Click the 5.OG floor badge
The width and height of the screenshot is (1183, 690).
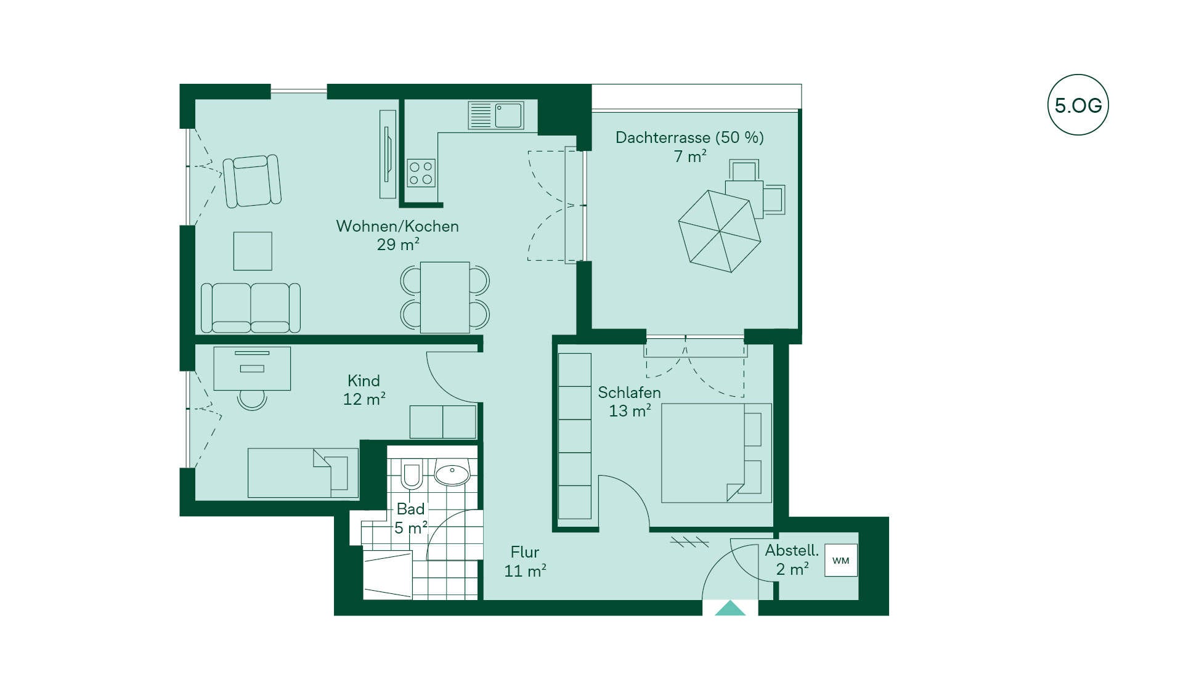(x=1078, y=105)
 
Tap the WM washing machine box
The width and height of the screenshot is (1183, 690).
(x=841, y=560)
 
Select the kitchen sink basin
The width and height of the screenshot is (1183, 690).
(x=508, y=115)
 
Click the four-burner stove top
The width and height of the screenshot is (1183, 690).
(x=421, y=173)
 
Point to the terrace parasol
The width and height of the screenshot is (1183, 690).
(x=720, y=231)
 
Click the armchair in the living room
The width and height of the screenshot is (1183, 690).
(x=252, y=181)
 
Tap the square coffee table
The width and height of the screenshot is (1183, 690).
(x=253, y=251)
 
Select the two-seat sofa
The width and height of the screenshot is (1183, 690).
(x=251, y=308)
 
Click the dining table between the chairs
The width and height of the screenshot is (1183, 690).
(x=445, y=298)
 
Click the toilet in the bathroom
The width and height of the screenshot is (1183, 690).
(x=411, y=473)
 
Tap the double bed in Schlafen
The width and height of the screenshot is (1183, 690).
(x=716, y=453)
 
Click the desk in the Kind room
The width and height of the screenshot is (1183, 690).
(x=252, y=368)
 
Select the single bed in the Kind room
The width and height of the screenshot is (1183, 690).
(x=303, y=473)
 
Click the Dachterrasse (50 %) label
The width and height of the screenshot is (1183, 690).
(x=689, y=137)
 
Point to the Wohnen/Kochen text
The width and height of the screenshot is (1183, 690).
(x=397, y=226)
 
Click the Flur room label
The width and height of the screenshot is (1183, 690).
(x=525, y=552)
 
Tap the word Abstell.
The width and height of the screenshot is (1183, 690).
(x=792, y=550)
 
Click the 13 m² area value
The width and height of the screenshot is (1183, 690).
(x=630, y=410)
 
